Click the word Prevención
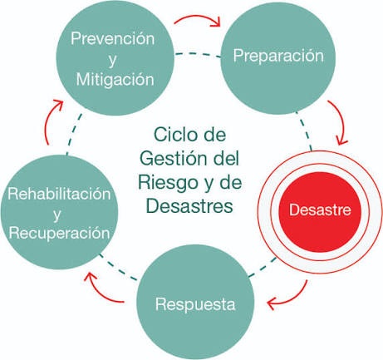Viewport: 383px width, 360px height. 112,38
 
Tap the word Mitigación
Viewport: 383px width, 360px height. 115,79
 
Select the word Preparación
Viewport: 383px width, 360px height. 278,57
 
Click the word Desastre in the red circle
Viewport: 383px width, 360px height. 320,210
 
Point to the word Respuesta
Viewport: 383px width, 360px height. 195,305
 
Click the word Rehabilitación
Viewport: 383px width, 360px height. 59,194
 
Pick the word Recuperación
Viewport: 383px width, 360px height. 59,233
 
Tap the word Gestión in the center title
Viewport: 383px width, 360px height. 174,158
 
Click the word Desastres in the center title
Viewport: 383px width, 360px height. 189,206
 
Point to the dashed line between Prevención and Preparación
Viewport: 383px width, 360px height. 199,54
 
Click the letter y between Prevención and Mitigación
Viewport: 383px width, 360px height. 112,61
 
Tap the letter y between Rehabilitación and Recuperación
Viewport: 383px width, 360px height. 57,215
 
